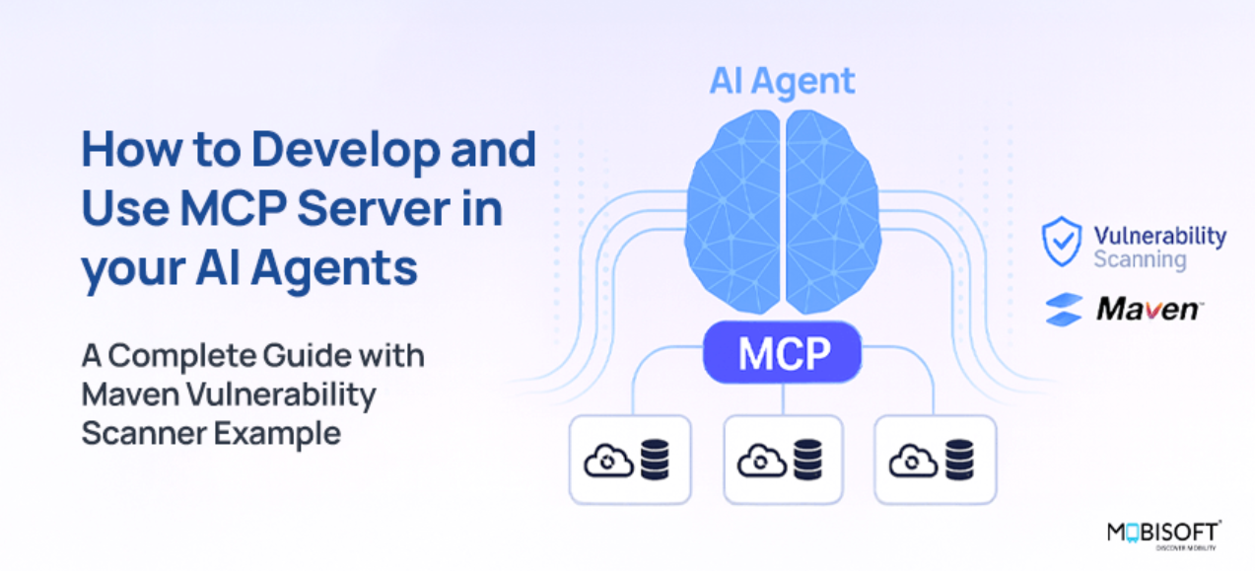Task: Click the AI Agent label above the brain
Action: pos(782,82)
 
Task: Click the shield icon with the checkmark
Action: pos(1062,243)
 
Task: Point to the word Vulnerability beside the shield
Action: pos(1159,236)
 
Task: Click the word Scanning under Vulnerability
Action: pos(1140,260)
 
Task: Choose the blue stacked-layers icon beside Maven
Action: pos(1064,310)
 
